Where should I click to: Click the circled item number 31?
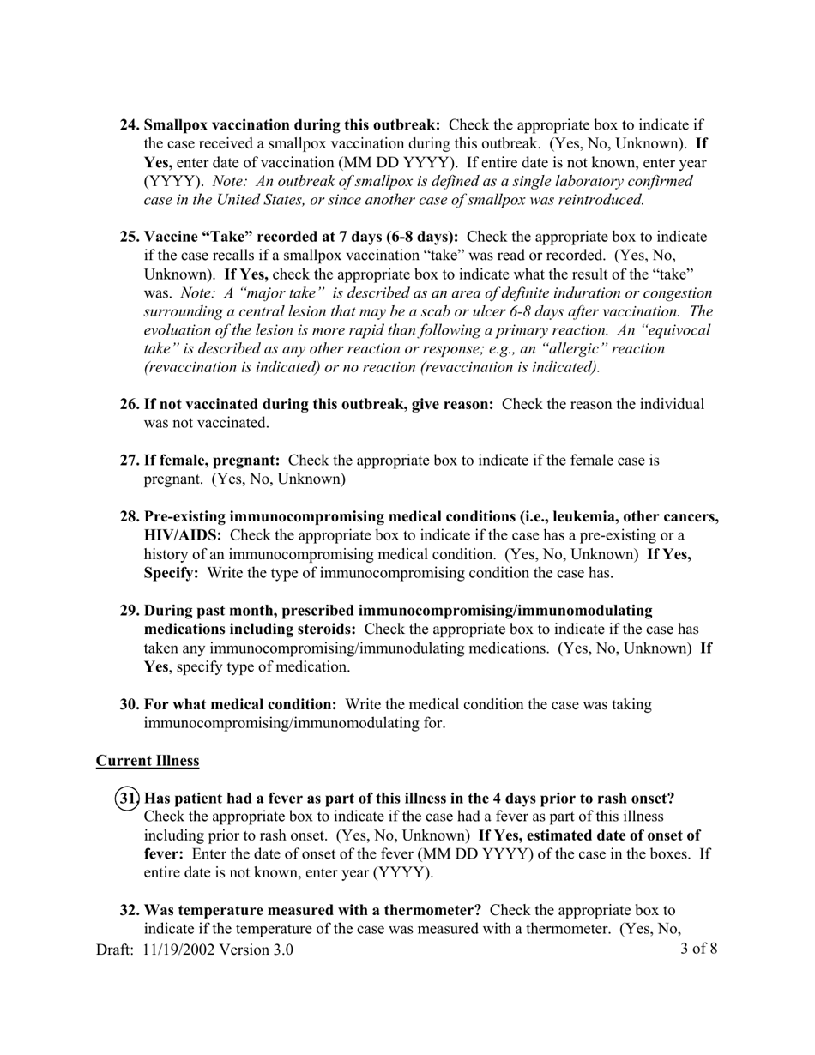pos(128,799)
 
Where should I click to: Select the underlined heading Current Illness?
pos(148,761)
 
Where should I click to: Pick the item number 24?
pos(130,125)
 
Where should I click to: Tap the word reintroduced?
pos(599,201)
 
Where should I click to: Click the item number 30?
pos(130,705)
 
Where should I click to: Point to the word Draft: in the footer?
pos(115,949)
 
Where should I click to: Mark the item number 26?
pos(130,405)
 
